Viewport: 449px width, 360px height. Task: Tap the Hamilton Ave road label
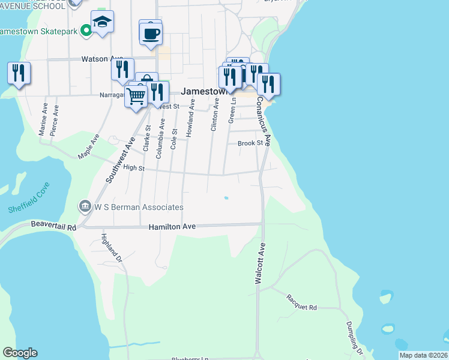(172, 227)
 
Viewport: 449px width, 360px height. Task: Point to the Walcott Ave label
(261, 263)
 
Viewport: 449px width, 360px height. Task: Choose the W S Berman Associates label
(139, 207)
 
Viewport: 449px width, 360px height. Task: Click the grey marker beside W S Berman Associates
(85, 207)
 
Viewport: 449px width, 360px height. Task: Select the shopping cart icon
(136, 95)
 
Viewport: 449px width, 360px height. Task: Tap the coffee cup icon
(151, 32)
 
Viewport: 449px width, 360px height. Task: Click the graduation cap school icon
(103, 23)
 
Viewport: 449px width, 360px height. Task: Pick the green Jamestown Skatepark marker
(86, 29)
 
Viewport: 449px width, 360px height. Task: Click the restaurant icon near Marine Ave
(19, 73)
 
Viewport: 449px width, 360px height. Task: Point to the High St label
(134, 168)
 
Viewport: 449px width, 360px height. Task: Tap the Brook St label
(250, 143)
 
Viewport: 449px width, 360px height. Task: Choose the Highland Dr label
(111, 248)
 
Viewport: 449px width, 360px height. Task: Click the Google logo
(20, 353)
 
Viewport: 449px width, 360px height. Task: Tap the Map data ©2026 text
(423, 355)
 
